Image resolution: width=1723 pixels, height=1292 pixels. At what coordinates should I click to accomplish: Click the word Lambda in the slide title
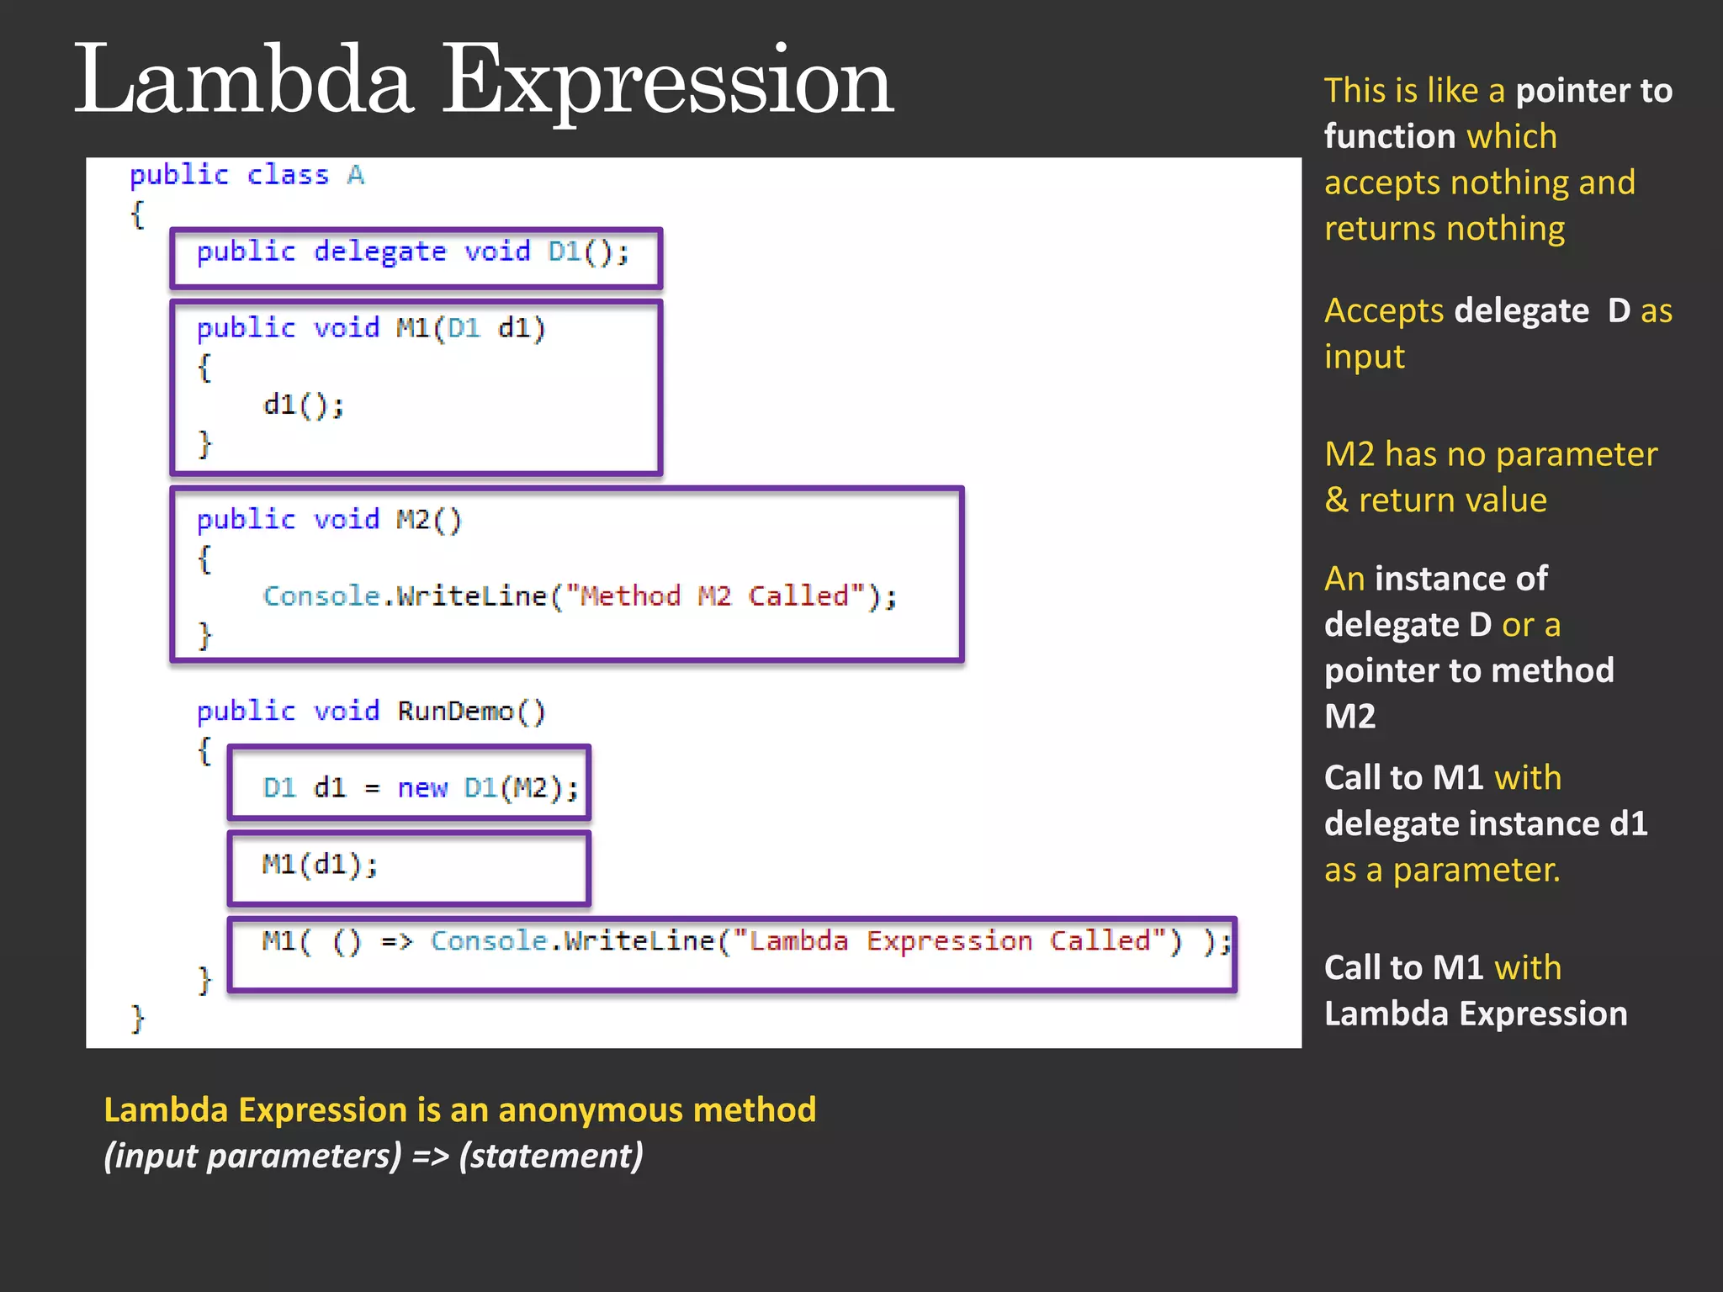click(x=244, y=82)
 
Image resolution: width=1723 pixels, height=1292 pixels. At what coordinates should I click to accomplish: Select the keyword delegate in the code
click(x=379, y=252)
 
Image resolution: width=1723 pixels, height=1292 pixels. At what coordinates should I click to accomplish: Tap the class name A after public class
click(x=356, y=175)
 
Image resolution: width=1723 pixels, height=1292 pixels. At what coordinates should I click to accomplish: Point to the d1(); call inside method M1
click(x=303, y=405)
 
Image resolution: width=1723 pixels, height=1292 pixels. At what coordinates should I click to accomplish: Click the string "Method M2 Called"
click(x=714, y=596)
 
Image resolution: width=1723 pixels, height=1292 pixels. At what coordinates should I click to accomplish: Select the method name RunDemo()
click(x=471, y=712)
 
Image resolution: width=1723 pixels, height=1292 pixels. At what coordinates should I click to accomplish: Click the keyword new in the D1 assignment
click(x=421, y=788)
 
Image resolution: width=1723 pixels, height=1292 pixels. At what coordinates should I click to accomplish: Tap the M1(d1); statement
click(x=320, y=865)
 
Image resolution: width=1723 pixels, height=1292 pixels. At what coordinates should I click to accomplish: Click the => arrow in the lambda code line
click(x=397, y=941)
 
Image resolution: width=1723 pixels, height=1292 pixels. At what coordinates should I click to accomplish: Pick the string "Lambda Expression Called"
click(x=949, y=941)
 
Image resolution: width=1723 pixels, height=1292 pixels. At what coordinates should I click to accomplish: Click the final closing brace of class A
click(x=138, y=1019)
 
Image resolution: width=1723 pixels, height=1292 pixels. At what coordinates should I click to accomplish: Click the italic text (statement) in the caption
click(x=551, y=1156)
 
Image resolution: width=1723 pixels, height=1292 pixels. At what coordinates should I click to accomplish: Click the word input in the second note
click(x=1364, y=357)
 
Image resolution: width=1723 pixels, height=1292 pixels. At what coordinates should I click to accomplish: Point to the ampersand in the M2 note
click(x=1336, y=500)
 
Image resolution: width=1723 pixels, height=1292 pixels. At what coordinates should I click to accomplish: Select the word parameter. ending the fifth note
click(x=1476, y=870)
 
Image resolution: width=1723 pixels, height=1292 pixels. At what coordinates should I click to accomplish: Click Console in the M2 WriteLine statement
click(x=321, y=596)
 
